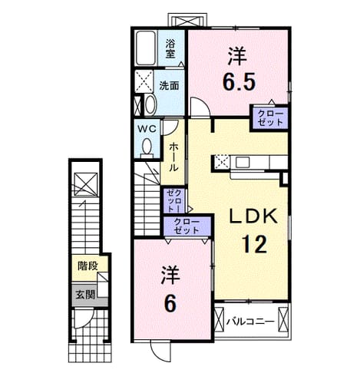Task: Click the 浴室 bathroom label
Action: pyautogui.click(x=170, y=48)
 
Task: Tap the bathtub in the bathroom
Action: pyautogui.click(x=146, y=48)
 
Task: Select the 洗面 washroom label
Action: pyautogui.click(x=169, y=86)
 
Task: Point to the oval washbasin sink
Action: pyautogui.click(x=150, y=104)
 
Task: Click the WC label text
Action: pyautogui.click(x=147, y=129)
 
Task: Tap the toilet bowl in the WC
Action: pyautogui.click(x=147, y=147)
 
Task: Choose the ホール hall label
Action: pyautogui.click(x=173, y=157)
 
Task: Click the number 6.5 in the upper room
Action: pyautogui.click(x=239, y=81)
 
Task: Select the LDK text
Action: pyautogui.click(x=253, y=216)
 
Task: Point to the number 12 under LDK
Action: pyautogui.click(x=255, y=244)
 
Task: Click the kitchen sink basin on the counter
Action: pyautogui.click(x=242, y=162)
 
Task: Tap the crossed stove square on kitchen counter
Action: pyautogui.click(x=222, y=162)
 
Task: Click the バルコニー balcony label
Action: pyautogui.click(x=250, y=321)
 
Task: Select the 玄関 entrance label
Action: pyautogui.click(x=85, y=295)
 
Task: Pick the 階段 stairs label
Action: pyautogui.click(x=88, y=266)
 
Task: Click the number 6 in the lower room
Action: pyautogui.click(x=170, y=304)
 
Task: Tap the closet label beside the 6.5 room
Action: pyautogui.click(x=270, y=117)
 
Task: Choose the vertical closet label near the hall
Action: pyautogui.click(x=173, y=200)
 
